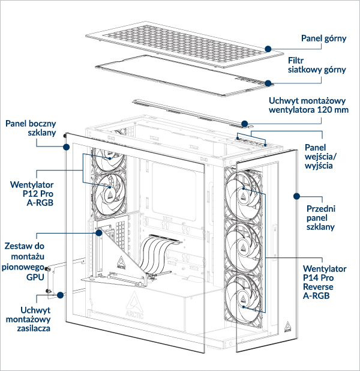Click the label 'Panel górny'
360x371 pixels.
[x=323, y=38]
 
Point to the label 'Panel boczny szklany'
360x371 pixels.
[x=31, y=128]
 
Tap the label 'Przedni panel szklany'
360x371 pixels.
[x=320, y=217]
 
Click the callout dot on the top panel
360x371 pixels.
[x=269, y=47]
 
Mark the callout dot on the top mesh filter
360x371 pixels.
[x=268, y=83]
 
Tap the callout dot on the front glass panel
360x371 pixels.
[x=296, y=195]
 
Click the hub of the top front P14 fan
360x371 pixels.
[x=244, y=193]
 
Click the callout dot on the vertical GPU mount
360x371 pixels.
[x=98, y=232]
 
